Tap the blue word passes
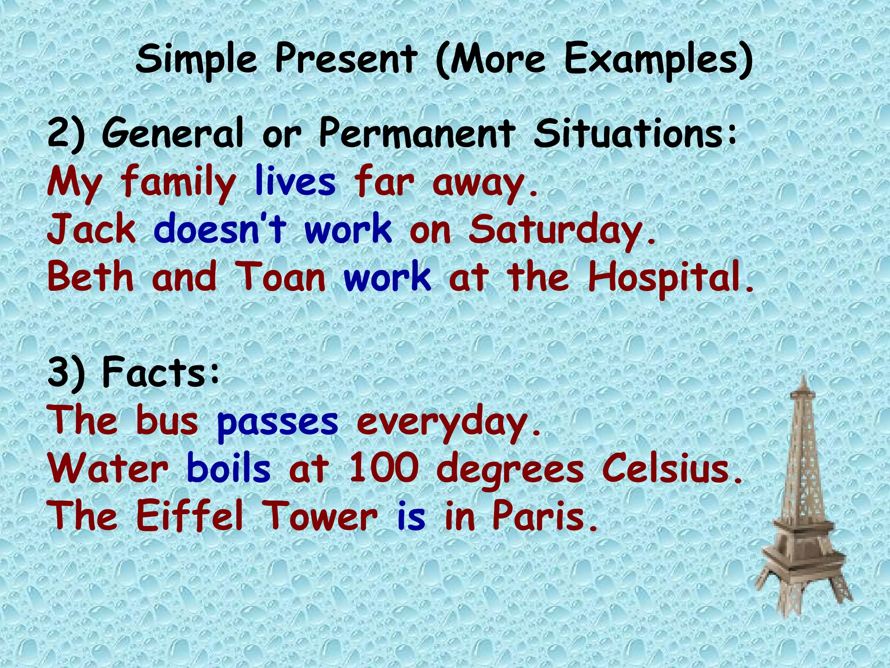tap(277, 422)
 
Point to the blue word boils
tap(229, 469)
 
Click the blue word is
tap(411, 517)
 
